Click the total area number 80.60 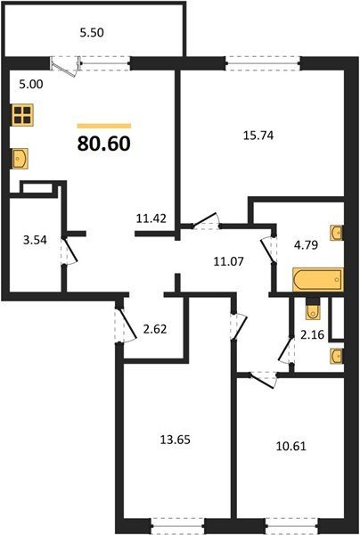point(104,144)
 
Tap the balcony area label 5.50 point(92,33)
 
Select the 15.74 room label point(258,136)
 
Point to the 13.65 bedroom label point(176,440)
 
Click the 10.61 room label point(290,446)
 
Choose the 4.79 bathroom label point(307,244)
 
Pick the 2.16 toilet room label point(312,334)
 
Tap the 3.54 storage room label point(35,240)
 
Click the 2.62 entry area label point(155,329)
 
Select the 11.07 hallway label point(228,261)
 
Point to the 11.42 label point(151,218)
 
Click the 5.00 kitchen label point(31,85)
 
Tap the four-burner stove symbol point(23,115)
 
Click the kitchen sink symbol point(20,159)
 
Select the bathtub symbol point(318,280)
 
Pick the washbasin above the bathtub point(337,233)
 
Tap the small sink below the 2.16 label point(337,356)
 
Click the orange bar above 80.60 point(104,126)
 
